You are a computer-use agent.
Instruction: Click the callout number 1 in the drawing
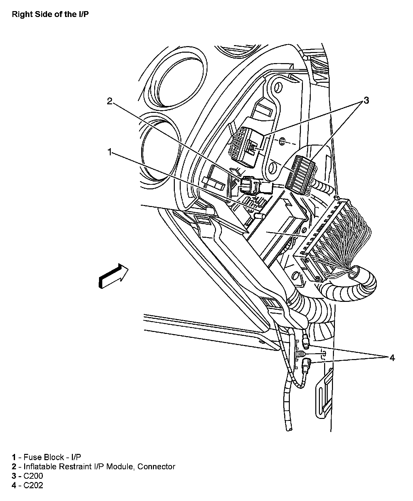click(x=110, y=152)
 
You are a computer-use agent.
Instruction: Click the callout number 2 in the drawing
click(x=110, y=101)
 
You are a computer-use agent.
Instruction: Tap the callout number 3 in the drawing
click(x=366, y=100)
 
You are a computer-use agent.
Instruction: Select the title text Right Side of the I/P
click(x=50, y=15)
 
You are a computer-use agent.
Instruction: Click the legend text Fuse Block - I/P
click(x=52, y=457)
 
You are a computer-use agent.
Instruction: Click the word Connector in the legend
click(x=156, y=466)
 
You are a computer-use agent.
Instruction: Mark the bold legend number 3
click(x=14, y=476)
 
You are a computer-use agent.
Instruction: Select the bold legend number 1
click(x=14, y=457)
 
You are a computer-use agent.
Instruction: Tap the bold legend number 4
click(x=14, y=485)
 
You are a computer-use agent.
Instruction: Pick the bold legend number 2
click(x=14, y=466)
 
